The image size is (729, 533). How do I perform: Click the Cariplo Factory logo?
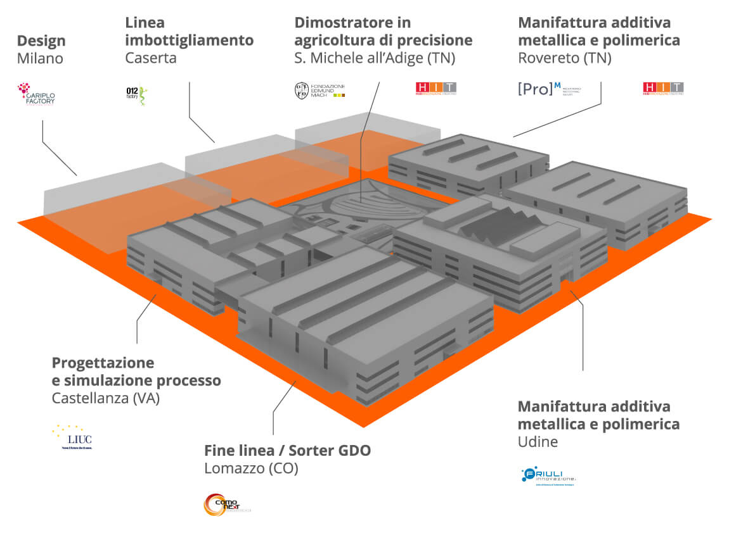pos(35,93)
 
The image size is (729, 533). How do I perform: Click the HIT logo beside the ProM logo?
pos(663,88)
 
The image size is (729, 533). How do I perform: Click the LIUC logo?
pos(72,437)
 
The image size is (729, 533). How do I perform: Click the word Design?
pos(41,41)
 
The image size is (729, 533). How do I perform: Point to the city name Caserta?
pos(151,58)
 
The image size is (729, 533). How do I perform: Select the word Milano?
pos(40,59)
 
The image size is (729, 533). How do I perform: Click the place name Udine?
pos(538,442)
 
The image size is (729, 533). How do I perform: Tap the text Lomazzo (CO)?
pos(251,469)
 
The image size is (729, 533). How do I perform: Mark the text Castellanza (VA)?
pos(105,399)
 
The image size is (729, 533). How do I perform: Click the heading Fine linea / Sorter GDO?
pos(287,451)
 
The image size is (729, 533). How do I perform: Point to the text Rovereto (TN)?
pos(565,58)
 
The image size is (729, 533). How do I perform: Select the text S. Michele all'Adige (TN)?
pos(375,58)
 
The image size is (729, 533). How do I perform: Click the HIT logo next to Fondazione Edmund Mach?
pos(435,88)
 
